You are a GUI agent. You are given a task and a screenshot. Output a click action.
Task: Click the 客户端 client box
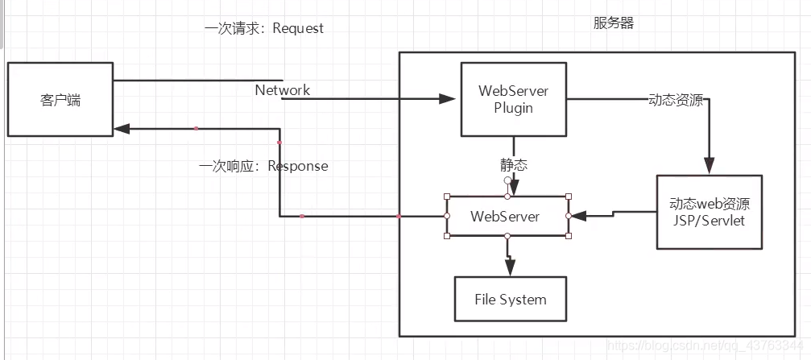coord(60,100)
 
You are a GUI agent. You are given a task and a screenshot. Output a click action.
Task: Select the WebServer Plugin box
coord(514,99)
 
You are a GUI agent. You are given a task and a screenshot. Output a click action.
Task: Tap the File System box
coord(510,300)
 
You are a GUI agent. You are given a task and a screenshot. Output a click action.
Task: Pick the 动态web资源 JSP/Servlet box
coord(708,212)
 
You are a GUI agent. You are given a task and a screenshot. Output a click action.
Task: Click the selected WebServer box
coord(506,216)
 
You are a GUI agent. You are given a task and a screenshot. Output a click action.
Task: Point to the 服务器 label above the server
coord(613,23)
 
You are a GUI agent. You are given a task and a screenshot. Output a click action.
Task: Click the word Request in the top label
coord(298,28)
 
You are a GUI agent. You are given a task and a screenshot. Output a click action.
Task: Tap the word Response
coord(298,166)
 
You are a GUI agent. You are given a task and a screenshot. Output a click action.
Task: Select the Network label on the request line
coord(283,89)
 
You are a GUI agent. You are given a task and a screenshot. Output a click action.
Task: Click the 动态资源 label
coord(676,101)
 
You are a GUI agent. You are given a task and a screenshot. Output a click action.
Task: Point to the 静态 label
coord(514,165)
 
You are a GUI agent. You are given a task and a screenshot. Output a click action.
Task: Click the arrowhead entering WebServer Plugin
coord(448,99)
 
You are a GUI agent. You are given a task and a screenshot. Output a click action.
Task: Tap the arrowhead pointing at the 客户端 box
coord(122,128)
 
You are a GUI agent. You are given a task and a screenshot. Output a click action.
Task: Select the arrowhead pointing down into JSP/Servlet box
coord(709,167)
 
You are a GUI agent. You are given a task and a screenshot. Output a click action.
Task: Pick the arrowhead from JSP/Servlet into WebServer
coord(577,216)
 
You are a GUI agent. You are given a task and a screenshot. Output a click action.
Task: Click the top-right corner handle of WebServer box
coord(569,197)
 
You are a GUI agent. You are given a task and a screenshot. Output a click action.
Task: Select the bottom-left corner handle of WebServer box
coord(447,236)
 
